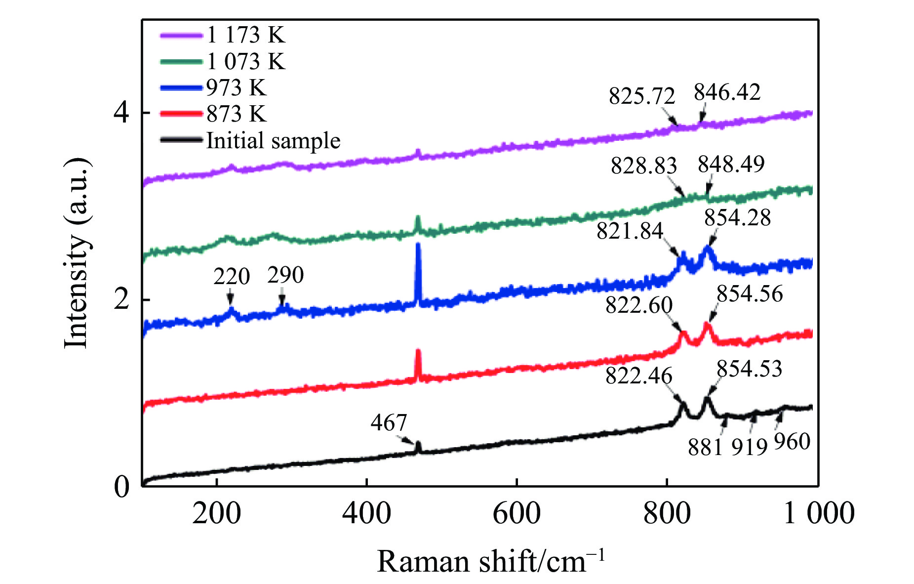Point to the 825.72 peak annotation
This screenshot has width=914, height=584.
[641, 96]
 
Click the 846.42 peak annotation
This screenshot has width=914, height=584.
[727, 92]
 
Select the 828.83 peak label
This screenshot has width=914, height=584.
[643, 166]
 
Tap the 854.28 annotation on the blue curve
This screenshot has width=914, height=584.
[737, 218]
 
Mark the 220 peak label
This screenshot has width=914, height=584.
[232, 276]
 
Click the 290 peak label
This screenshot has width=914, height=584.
[285, 275]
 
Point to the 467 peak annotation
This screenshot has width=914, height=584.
[389, 423]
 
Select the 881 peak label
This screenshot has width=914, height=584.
[706, 447]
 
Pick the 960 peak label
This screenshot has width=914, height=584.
[792, 442]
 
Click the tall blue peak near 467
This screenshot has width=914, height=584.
[418, 247]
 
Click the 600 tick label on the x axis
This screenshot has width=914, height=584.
[517, 513]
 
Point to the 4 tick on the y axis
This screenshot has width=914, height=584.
[121, 113]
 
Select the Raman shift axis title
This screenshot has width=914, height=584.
[490, 561]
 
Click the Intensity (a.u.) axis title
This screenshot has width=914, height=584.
[77, 253]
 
